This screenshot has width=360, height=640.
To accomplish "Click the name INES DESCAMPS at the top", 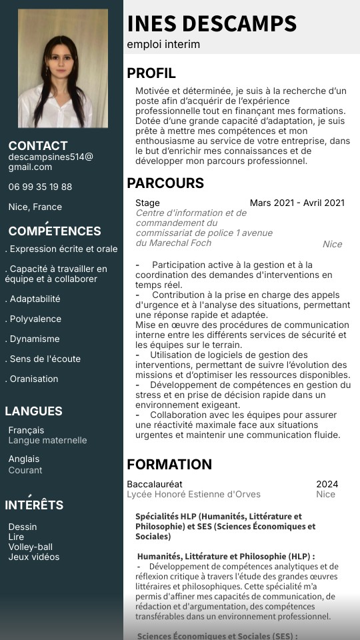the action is pos(211,23).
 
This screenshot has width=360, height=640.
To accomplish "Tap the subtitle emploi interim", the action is pos(163,45).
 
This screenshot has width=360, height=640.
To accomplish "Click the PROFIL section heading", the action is pos(151,73).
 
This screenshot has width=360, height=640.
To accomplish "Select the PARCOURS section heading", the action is pos(165,183).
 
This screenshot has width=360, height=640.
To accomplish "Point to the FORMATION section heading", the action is pos(169,465).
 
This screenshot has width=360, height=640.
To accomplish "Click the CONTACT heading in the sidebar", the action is pos(38,145).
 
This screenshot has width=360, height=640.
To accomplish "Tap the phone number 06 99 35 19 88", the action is pos(40,187).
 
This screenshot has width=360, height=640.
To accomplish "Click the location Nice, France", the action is pos(35,207).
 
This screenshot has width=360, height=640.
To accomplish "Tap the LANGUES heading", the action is pos(33,411).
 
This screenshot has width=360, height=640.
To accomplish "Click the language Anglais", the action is pos(24,459).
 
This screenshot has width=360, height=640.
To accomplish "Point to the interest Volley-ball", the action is pos(31,547).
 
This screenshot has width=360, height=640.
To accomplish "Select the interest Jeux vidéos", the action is pos(34,557).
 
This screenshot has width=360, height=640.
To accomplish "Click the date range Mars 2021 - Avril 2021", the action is pos(297,203).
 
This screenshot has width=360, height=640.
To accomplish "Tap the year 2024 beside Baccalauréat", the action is pos(327,484).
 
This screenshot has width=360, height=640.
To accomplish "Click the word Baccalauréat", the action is pos(155,484).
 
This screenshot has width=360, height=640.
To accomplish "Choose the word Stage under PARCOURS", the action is pos(147,203).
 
